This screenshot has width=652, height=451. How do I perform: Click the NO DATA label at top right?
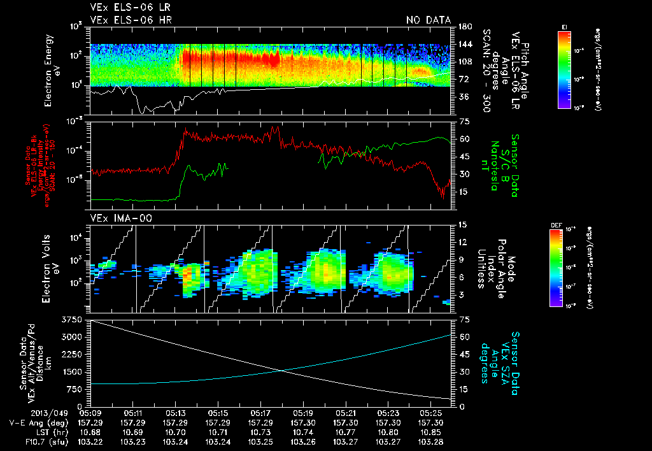pos(428,20)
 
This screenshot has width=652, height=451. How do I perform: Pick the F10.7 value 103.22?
pos(90,441)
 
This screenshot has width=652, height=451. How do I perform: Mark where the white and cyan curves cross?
pos(281,371)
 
